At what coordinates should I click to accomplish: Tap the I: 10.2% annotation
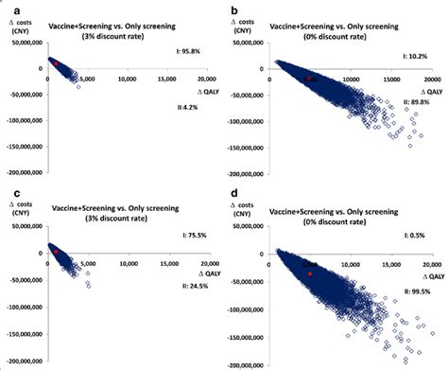(416, 57)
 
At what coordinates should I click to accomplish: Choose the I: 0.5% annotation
(418, 235)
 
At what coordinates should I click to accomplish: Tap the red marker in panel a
(56, 63)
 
